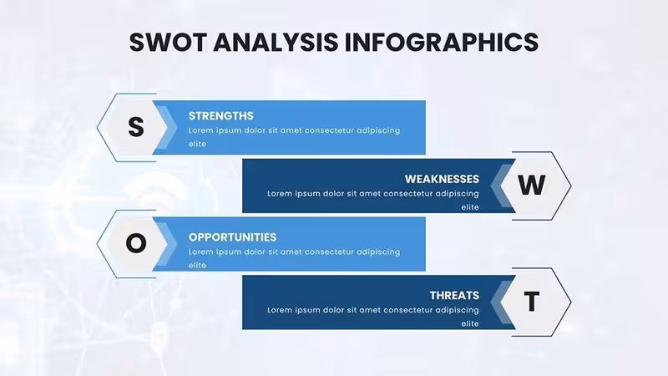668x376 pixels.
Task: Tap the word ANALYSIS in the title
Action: tap(276, 43)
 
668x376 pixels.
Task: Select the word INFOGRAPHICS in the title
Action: tap(442, 43)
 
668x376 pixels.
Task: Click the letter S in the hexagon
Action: tap(136, 127)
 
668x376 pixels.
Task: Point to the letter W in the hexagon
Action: tap(532, 185)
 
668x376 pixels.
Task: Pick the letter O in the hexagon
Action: tap(136, 243)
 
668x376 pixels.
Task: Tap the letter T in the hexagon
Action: tap(532, 302)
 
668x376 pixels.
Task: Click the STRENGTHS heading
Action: tap(221, 116)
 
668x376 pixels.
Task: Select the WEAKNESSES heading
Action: tap(442, 179)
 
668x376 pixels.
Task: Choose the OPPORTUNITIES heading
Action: tap(233, 237)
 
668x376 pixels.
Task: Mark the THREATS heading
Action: tap(454, 296)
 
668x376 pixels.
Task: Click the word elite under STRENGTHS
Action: tap(197, 144)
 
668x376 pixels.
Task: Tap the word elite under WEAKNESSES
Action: tap(470, 207)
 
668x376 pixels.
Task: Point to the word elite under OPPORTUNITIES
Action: tap(197, 265)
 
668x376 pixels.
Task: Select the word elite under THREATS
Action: tap(470, 323)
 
